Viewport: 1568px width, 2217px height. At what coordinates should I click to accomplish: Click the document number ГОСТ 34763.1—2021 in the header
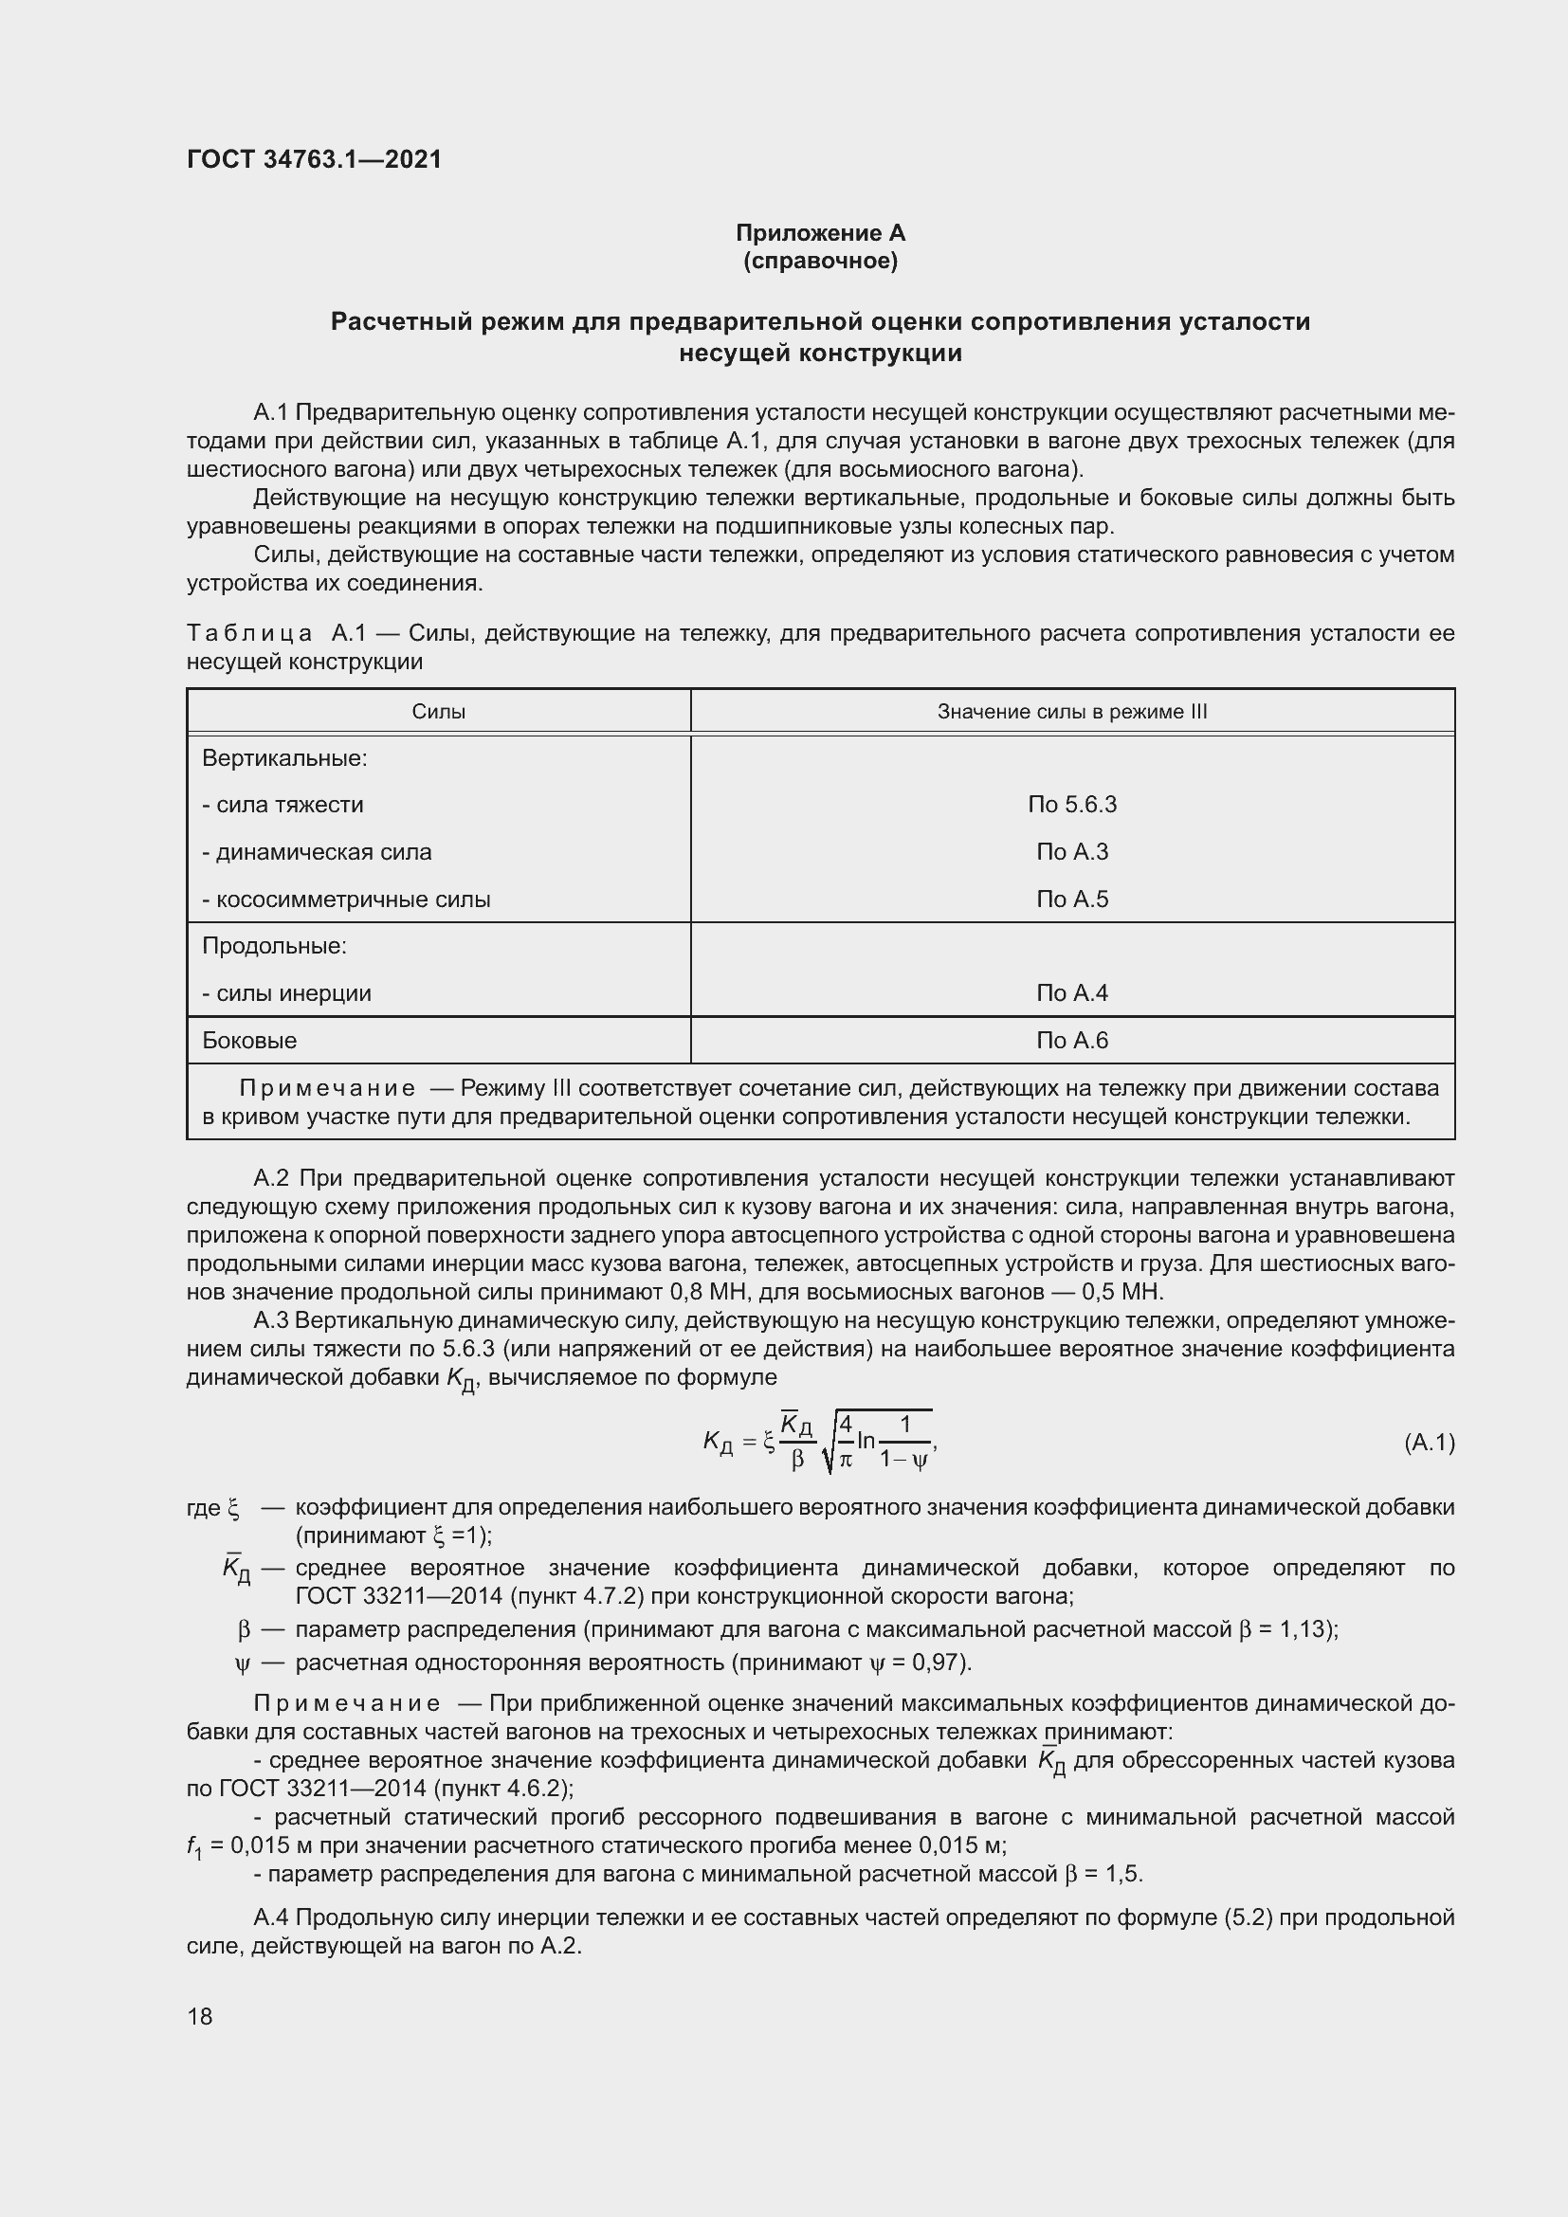tap(314, 159)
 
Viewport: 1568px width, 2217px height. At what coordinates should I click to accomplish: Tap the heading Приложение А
tap(820, 233)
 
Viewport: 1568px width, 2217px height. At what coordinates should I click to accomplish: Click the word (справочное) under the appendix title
tap(820, 261)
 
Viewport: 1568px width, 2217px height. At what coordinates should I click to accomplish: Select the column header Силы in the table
tap(438, 712)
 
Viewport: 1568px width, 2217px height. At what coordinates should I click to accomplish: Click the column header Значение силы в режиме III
tap(1072, 712)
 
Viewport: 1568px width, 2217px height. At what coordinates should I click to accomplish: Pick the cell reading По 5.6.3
tap(1072, 805)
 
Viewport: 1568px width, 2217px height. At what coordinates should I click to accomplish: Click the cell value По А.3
tap(1072, 852)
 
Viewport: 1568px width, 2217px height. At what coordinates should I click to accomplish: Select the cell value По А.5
tap(1072, 899)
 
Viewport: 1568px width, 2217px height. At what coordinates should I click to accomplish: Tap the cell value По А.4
tap(1072, 992)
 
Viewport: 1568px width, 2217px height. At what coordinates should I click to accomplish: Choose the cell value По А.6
tap(1072, 1040)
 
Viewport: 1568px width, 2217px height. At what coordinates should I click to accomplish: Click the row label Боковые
tap(249, 1040)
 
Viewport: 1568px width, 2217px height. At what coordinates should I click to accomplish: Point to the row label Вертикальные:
tap(284, 758)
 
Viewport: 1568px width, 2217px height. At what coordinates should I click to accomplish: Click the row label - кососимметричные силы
tap(346, 899)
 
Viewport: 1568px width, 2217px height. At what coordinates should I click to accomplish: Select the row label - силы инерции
tap(286, 992)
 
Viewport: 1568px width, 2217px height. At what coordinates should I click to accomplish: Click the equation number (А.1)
tap(1429, 1443)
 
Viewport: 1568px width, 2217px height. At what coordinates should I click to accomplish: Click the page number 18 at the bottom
tap(200, 2016)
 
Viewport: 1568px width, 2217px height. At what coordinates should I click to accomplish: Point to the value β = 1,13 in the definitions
tap(1285, 1630)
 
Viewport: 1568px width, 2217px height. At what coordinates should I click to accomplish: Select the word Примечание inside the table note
tap(327, 1088)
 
